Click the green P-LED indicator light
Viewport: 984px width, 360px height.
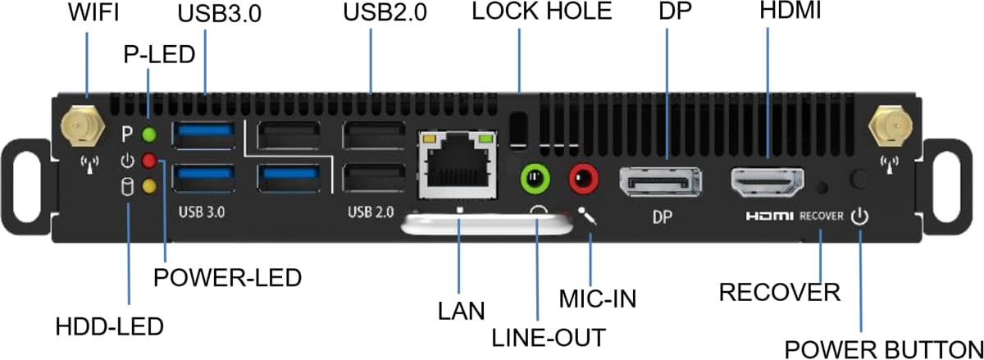pos(148,134)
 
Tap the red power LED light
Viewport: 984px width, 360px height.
pos(148,160)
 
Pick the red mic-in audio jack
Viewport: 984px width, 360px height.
pos(585,176)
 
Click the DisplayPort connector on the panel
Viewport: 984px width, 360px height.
pos(660,180)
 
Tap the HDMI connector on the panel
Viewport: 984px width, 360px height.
pos(768,180)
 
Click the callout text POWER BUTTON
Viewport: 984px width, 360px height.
pos(883,348)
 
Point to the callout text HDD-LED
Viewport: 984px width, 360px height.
pos(109,326)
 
